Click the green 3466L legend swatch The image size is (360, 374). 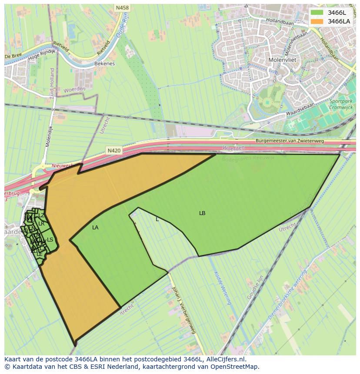pyautogui.click(x=317, y=13)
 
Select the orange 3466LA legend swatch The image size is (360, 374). pyautogui.click(x=317, y=21)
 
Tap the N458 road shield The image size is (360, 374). pyautogui.click(x=122, y=7)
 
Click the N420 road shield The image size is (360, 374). pyautogui.click(x=114, y=151)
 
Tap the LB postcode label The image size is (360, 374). pyautogui.click(x=202, y=213)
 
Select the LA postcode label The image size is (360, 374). pyautogui.click(x=95, y=228)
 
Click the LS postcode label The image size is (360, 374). pyautogui.click(x=50, y=240)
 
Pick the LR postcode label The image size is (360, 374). pyautogui.click(x=41, y=224)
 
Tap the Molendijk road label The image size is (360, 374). pyautogui.click(x=49, y=135)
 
